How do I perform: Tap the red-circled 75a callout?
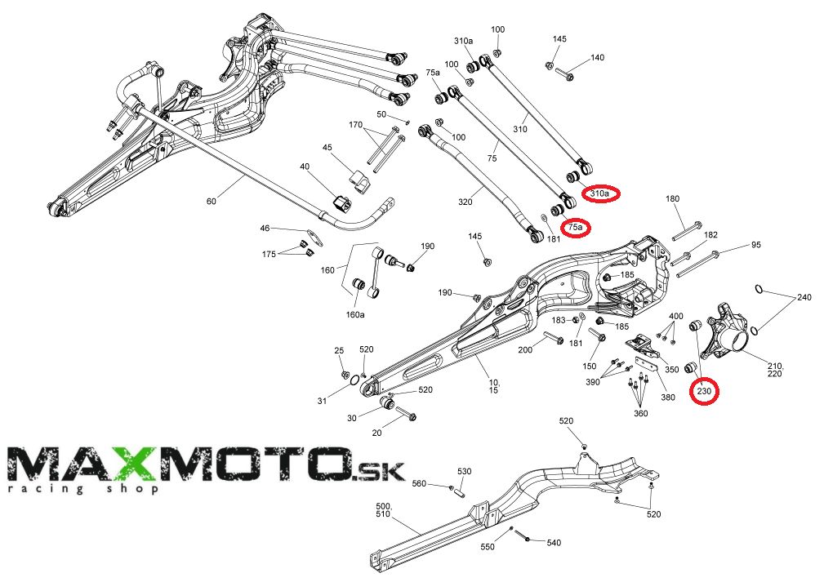pyautogui.click(x=576, y=227)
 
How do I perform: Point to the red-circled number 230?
pyautogui.click(x=705, y=392)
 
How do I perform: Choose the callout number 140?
pyautogui.click(x=597, y=58)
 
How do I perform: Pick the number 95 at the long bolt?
pyautogui.click(x=755, y=245)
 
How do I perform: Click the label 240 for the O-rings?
pyautogui.click(x=804, y=297)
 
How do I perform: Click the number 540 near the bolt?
pyautogui.click(x=553, y=542)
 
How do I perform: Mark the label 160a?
pyautogui.click(x=355, y=313)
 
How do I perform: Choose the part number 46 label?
pyautogui.click(x=265, y=229)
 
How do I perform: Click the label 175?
pyautogui.click(x=269, y=255)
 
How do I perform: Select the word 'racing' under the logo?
pyautogui.click(x=32, y=489)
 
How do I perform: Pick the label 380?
pyautogui.click(x=667, y=398)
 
